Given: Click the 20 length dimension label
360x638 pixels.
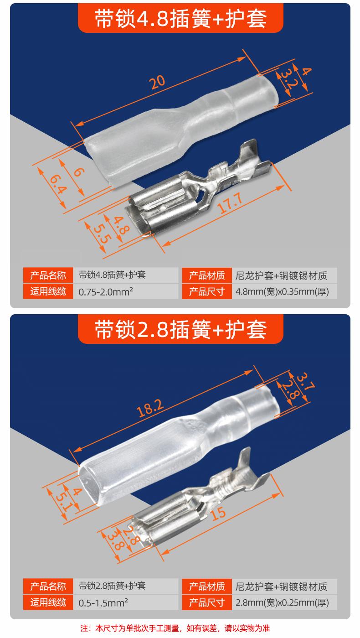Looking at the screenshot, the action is point(157,82).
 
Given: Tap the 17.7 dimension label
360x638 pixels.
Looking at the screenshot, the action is point(231,203).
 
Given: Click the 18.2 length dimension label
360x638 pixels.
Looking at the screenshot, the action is point(150,408).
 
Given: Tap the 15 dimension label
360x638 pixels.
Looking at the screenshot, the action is point(218,514).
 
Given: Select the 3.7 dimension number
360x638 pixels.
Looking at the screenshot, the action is point(306,381).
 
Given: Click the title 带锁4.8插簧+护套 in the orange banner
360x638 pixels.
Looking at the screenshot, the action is point(180,19).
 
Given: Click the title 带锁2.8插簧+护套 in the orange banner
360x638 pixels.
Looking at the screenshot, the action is point(180,330).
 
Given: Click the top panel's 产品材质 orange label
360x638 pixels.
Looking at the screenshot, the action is point(207,275).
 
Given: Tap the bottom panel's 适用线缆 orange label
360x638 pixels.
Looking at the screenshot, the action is point(48,602).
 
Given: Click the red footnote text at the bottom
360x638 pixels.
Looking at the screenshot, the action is point(175,628).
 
